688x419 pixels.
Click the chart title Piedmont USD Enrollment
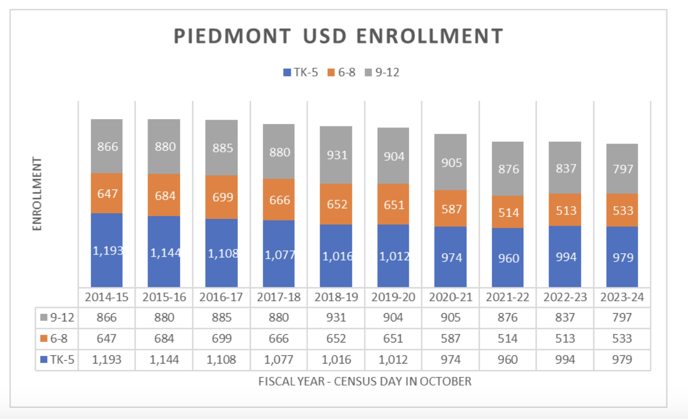tap(338, 36)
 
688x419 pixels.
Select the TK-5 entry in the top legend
tap(300, 72)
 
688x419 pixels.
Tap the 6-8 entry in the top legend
tap(342, 72)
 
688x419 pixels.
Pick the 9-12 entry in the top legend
tap(382, 72)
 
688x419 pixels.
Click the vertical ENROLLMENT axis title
tap(37, 193)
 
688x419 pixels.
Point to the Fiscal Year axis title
tap(365, 381)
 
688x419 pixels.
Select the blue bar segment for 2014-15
tap(106, 250)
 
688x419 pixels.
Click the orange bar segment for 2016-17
tap(222, 197)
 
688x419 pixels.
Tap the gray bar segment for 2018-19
tap(336, 155)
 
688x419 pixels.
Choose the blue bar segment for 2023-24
tap(623, 257)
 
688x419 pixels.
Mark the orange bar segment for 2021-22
tap(508, 212)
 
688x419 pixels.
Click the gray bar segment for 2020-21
tap(450, 162)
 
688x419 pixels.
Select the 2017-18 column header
tap(279, 297)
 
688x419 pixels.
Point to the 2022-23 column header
tap(566, 297)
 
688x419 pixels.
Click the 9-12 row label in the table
tap(58, 318)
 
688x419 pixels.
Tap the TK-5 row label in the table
tap(58, 360)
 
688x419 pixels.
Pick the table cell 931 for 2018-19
tap(337, 318)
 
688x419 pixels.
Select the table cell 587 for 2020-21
tap(450, 339)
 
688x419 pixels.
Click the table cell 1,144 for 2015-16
tap(165, 360)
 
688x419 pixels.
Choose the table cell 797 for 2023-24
tap(623, 318)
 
